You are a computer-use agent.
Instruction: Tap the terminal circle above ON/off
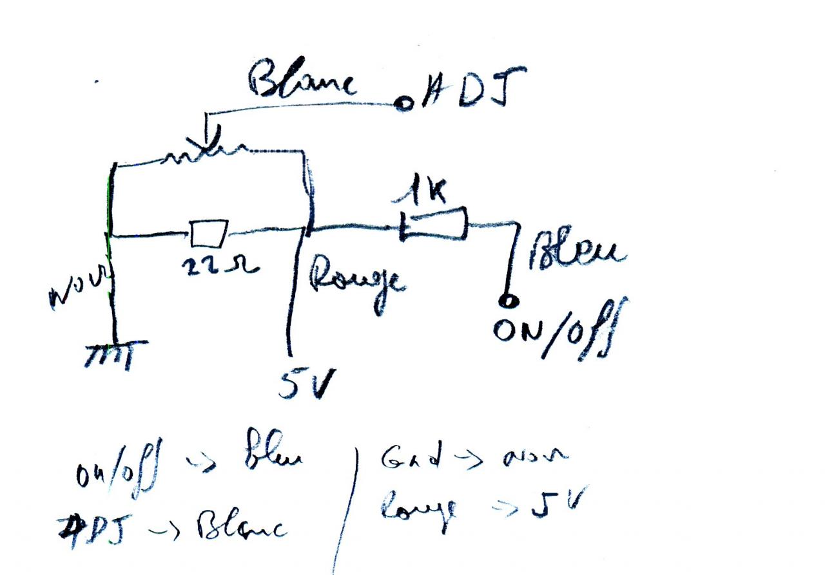pyautogui.click(x=509, y=301)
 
